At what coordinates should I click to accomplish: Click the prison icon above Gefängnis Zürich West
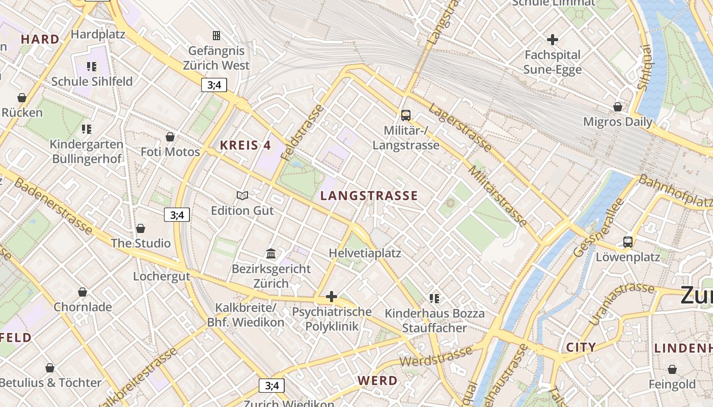coord(216,36)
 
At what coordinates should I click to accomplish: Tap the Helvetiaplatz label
coord(365,253)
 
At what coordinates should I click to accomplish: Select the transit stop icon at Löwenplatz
coord(628,242)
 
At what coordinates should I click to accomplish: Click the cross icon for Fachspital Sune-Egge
coord(553,39)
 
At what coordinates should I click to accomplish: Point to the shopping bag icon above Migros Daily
coord(618,107)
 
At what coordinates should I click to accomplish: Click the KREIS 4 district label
coord(245,145)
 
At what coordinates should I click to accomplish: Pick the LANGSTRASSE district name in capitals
coord(369,195)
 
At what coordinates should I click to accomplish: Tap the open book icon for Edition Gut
coord(242,195)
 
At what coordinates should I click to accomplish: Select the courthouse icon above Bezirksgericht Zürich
coord(271,253)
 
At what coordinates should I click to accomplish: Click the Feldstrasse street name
coord(302,131)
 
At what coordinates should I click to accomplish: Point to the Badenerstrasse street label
coord(53,206)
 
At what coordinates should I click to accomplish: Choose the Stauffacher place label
coord(434,328)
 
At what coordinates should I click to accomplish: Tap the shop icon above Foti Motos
coord(170,137)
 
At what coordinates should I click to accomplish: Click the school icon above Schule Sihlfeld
coord(92,66)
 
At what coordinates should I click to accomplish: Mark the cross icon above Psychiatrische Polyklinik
coord(332,296)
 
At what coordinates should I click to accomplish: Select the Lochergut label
coord(161,276)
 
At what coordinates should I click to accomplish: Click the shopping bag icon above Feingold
coord(672,369)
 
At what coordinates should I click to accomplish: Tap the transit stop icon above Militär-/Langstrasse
coord(406,115)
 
